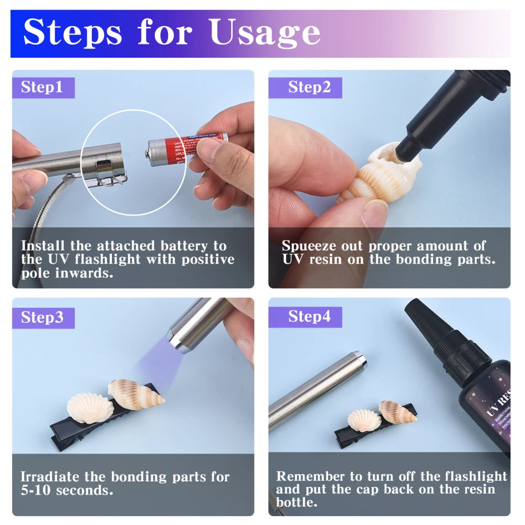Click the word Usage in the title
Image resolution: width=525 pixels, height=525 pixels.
pyautogui.click(x=265, y=33)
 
